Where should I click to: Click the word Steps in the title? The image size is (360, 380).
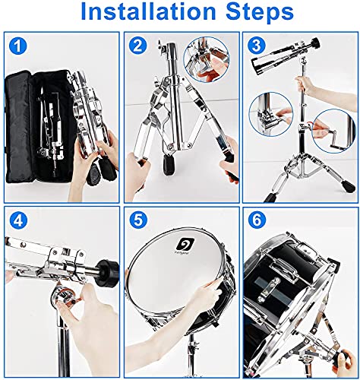tap(254, 14)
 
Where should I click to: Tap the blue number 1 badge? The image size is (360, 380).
tap(18, 46)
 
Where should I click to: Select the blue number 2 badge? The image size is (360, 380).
tap(138, 46)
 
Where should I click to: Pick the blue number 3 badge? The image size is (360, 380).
tap(257, 46)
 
